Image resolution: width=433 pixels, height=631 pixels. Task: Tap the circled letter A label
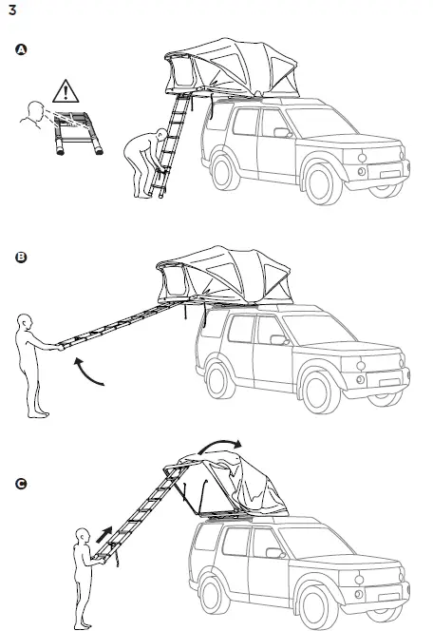[21, 50]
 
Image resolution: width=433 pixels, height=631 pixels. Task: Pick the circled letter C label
[21, 485]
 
